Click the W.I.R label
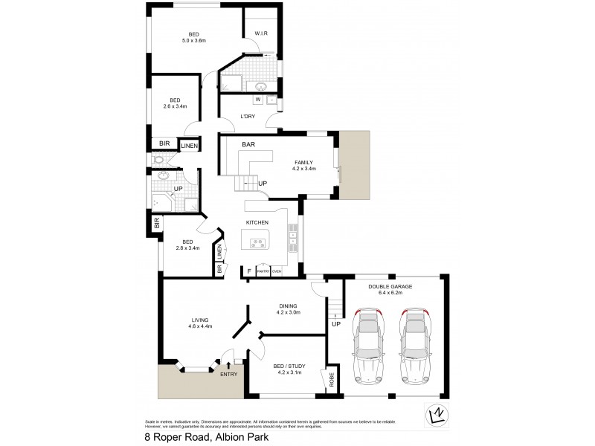tap(261, 33)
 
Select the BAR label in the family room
tap(248, 146)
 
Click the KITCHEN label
tap(257, 223)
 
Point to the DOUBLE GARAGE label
tap(389, 285)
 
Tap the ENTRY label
tap(228, 374)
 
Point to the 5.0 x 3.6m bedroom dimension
tap(193, 41)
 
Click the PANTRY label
tap(263, 272)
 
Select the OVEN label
tap(277, 272)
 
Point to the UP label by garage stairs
tap(336, 325)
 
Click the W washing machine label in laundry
tap(257, 99)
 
